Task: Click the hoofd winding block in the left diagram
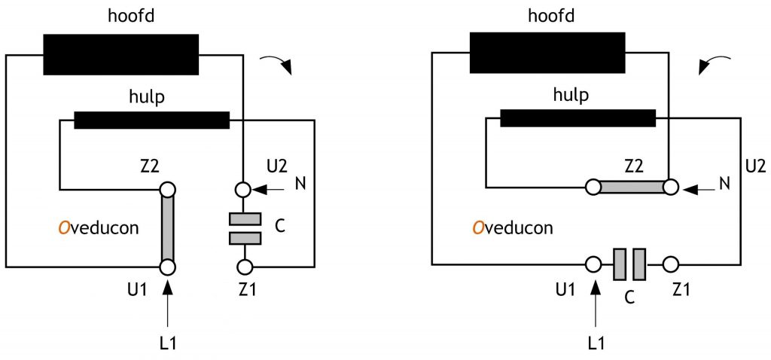(x=121, y=54)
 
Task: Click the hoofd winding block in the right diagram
(x=547, y=53)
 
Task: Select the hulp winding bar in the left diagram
(x=151, y=121)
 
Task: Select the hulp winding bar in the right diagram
(x=577, y=118)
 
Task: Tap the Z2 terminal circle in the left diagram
(x=168, y=189)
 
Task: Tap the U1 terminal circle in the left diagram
(x=168, y=267)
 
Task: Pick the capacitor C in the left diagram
(x=245, y=228)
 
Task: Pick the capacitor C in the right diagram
(x=629, y=264)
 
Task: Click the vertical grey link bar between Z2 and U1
(x=168, y=228)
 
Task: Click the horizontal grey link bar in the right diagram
(x=632, y=187)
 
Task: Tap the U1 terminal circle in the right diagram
(x=594, y=264)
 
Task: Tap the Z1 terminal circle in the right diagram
(x=671, y=264)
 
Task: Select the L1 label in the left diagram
(x=168, y=342)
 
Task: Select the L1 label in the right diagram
(x=596, y=342)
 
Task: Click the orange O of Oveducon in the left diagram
(x=65, y=228)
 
